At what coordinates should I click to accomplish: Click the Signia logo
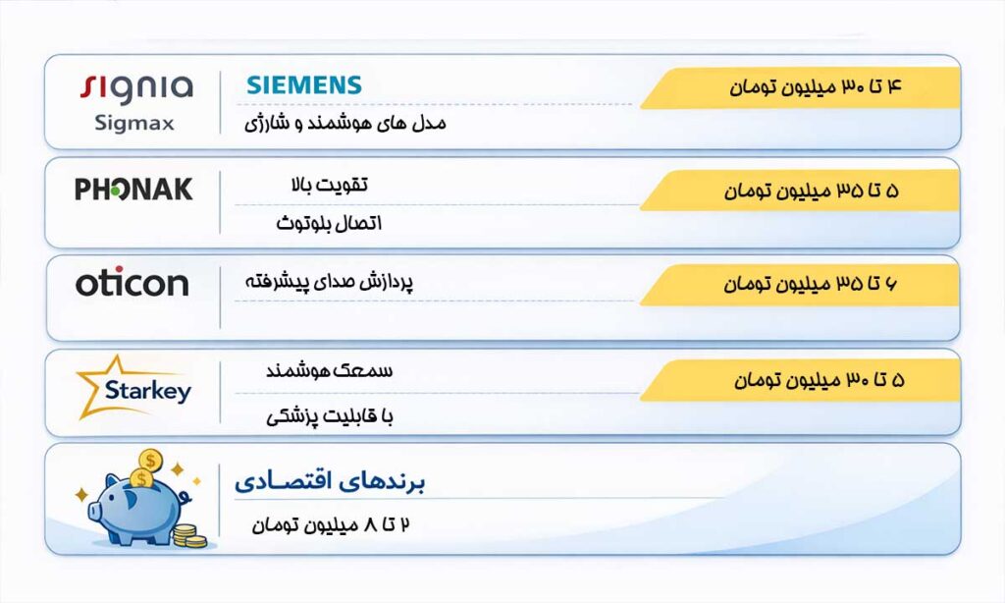pos(135,87)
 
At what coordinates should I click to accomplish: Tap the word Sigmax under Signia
pos(134,124)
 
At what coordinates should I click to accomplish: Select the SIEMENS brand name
pos(304,85)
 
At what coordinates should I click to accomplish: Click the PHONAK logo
pos(133,190)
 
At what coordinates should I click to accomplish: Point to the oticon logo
pos(132,284)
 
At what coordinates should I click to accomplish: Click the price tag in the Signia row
pos(800,87)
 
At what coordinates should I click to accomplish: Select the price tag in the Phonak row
pos(800,191)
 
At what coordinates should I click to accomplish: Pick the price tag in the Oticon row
pos(800,285)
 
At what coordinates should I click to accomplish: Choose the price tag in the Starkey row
pos(800,379)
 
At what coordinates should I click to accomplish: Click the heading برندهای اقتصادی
pos(330,482)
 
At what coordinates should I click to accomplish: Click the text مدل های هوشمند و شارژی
pos(344,124)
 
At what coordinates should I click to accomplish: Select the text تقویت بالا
pos(323,186)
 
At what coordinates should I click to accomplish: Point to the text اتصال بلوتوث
pos(329,224)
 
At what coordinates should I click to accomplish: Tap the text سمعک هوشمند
pos(330,371)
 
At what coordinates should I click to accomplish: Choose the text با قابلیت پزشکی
pos(330,416)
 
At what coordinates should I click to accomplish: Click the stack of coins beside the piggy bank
pos(188,535)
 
